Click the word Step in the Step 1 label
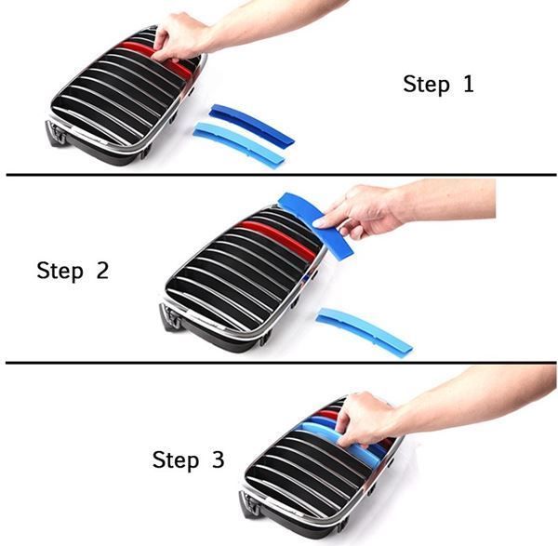click(x=426, y=85)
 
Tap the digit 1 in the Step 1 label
click(x=469, y=84)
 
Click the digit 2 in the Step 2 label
click(x=102, y=270)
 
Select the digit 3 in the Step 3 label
click(x=219, y=459)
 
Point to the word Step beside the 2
click(x=60, y=272)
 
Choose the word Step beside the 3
click(x=176, y=459)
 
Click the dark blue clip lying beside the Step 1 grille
click(x=251, y=123)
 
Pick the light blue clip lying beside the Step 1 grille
click(x=239, y=144)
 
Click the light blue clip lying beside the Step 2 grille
click(x=364, y=331)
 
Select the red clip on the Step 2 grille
click(x=277, y=237)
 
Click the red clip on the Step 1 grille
click(x=155, y=58)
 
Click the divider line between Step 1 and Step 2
click(x=281, y=175)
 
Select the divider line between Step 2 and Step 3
click(x=281, y=363)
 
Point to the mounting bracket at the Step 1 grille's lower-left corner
click(x=55, y=132)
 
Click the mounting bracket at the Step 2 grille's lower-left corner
click(x=170, y=317)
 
